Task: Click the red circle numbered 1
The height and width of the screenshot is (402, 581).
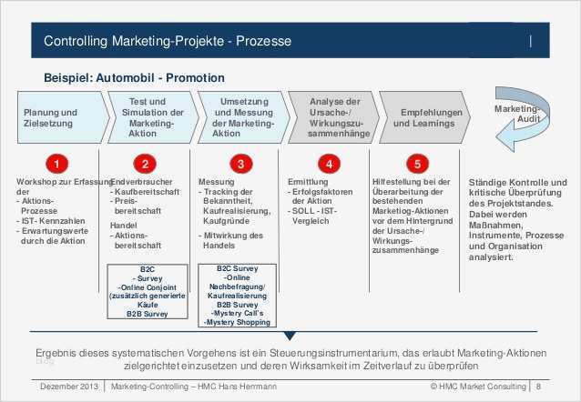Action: (x=57, y=164)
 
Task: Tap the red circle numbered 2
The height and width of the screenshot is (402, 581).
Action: (x=145, y=164)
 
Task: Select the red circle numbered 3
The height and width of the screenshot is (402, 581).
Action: (x=240, y=164)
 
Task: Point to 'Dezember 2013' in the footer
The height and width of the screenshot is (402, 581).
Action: (x=69, y=387)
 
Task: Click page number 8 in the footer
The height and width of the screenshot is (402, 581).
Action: (x=539, y=387)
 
